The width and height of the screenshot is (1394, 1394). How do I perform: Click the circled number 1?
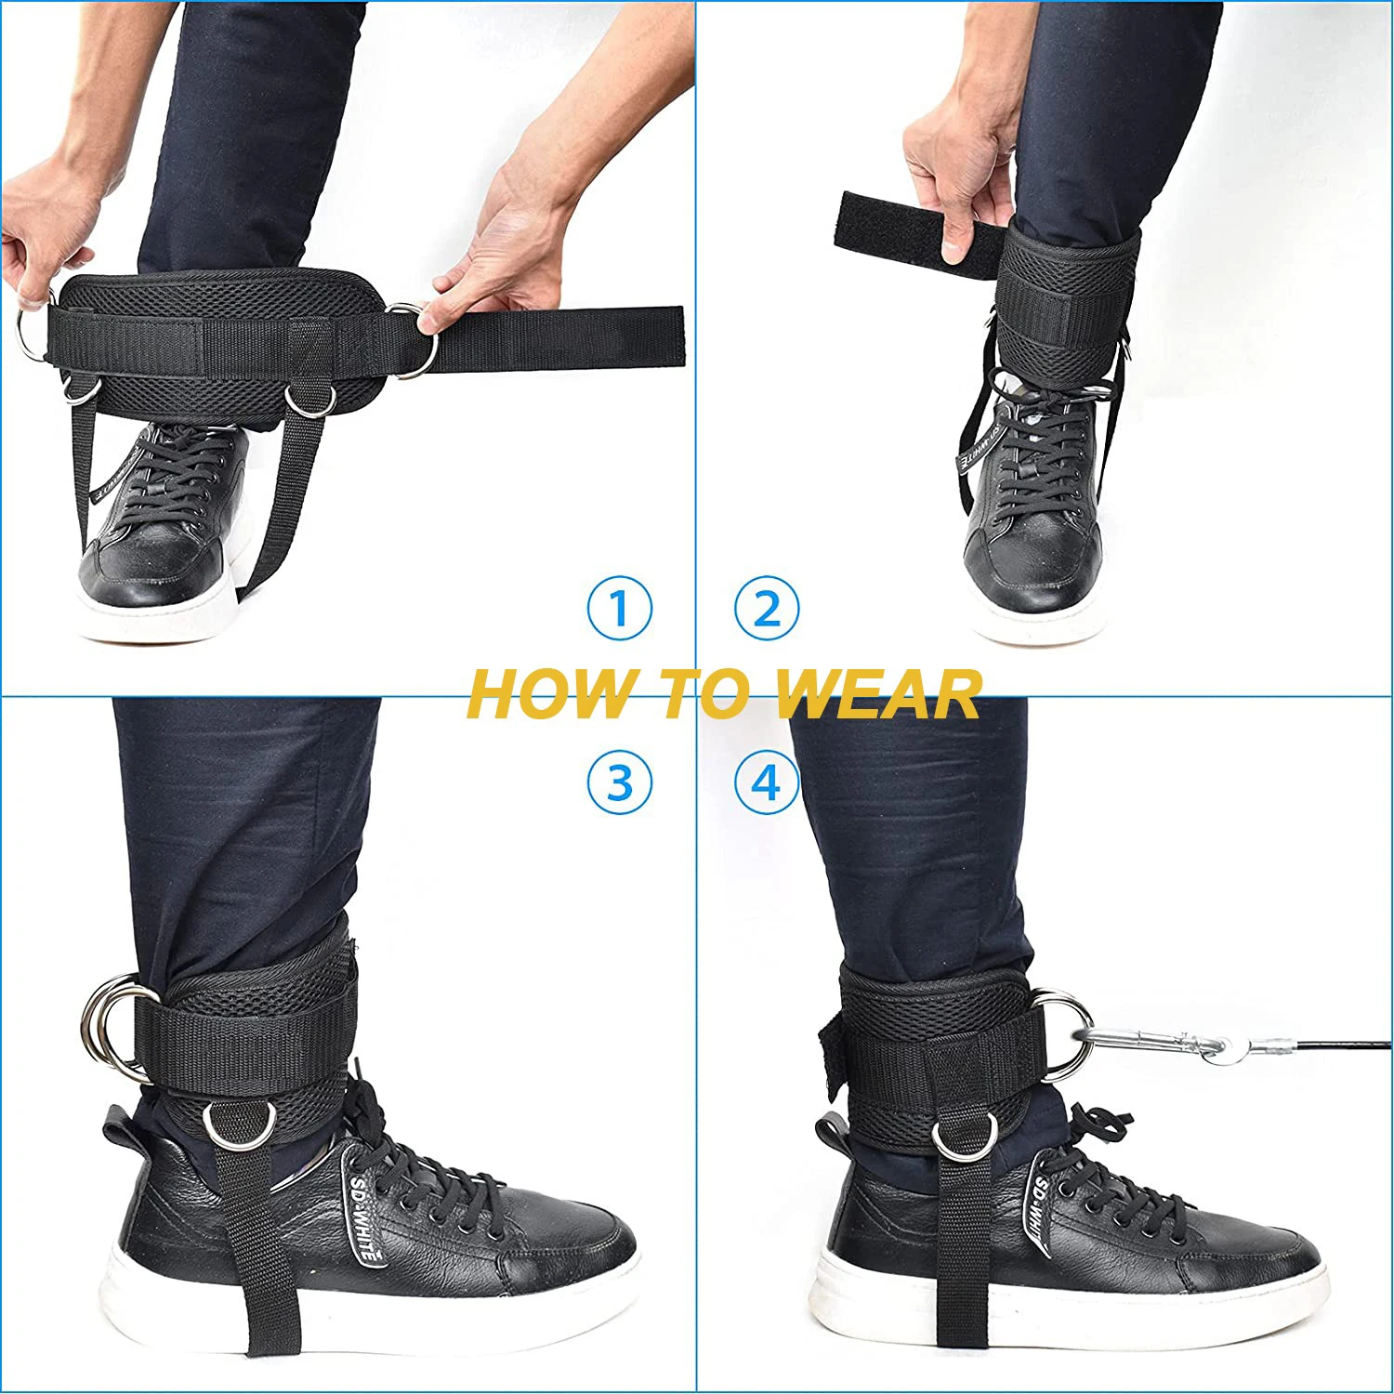pos(619,608)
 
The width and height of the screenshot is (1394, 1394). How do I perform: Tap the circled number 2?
pos(766,608)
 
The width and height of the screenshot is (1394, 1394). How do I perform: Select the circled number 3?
pos(619,782)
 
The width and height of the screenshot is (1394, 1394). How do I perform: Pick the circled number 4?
pos(766,782)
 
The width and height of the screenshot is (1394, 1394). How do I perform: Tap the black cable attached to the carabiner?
pos(1320,1059)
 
